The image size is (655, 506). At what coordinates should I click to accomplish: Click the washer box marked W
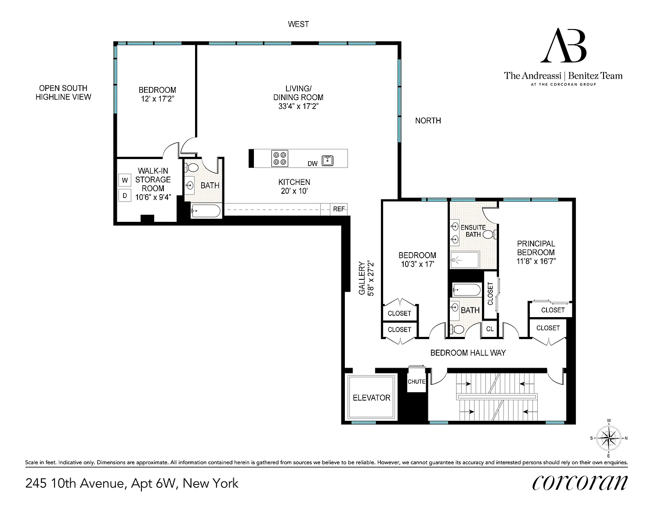[125, 180]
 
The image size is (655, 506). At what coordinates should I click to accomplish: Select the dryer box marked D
[125, 195]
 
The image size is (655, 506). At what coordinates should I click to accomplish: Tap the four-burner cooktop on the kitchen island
[279, 159]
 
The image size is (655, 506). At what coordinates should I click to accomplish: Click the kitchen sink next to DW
[327, 160]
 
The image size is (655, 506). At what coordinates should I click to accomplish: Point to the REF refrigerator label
[339, 209]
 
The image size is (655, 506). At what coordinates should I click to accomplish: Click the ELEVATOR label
[371, 398]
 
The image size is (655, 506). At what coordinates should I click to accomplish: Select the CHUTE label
[416, 382]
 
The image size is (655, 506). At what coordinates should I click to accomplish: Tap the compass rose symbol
[608, 438]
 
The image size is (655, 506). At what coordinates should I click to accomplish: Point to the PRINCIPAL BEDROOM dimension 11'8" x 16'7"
[536, 261]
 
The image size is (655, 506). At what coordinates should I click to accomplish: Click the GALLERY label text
[362, 278]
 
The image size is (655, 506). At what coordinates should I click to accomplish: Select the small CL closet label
[490, 329]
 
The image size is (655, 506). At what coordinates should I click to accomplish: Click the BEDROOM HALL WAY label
[468, 353]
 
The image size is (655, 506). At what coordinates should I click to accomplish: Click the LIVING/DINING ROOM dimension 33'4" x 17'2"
[298, 106]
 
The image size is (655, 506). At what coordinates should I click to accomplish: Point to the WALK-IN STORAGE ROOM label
[153, 180]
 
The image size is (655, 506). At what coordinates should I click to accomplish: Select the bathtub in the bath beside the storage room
[206, 211]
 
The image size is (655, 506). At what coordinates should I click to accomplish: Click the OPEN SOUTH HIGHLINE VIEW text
[63, 93]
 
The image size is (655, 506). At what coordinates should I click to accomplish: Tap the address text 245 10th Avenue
[75, 484]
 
